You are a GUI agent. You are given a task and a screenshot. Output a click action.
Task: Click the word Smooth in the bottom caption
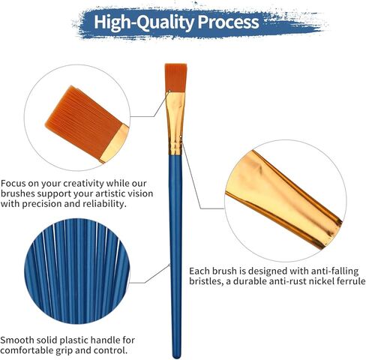point(20,339)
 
